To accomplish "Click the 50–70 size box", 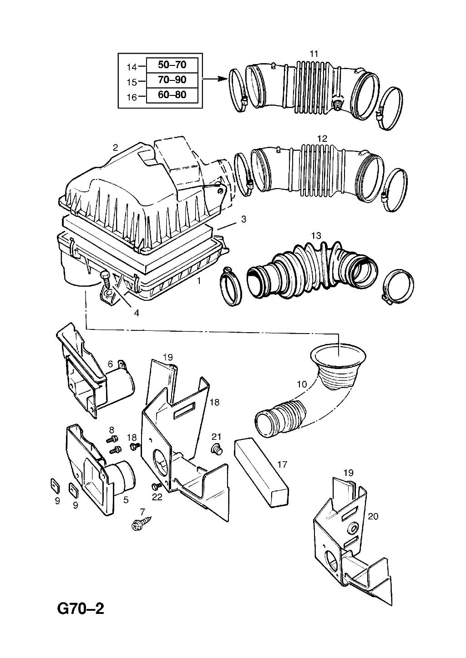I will click(x=172, y=65).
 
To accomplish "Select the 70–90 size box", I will click(x=172, y=80).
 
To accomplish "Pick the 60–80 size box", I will click(x=172, y=95).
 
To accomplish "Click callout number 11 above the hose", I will click(x=314, y=54).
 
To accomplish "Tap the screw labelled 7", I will click(x=137, y=524).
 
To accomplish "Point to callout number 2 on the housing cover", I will click(x=116, y=147).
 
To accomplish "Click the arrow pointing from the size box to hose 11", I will click(x=214, y=79).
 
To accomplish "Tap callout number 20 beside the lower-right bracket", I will click(x=373, y=516).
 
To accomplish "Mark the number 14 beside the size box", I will click(x=132, y=67).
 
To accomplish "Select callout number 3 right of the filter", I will click(x=244, y=219).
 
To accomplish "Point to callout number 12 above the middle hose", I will click(x=322, y=139).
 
